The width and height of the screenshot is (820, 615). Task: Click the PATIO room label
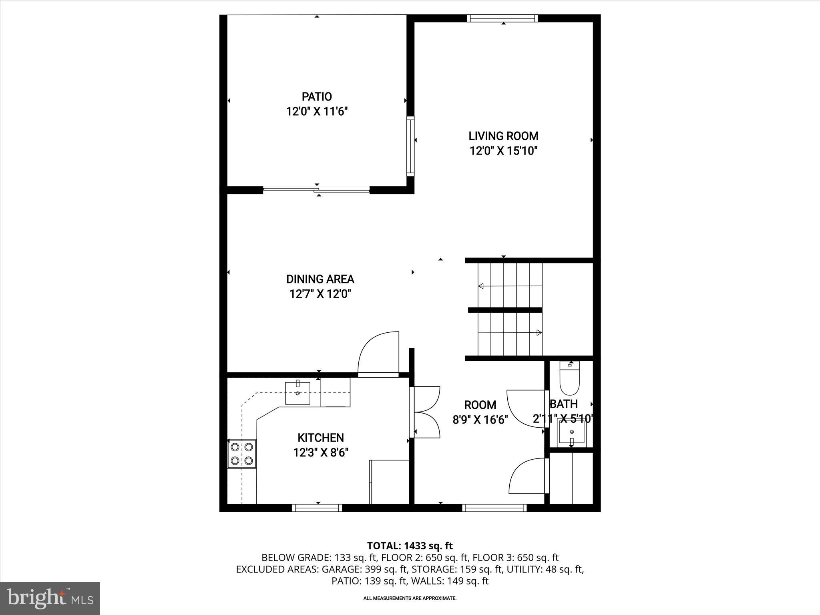click(x=317, y=96)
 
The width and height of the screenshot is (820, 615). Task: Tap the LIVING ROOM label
click(x=503, y=136)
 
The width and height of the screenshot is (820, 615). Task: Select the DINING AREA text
click(x=320, y=279)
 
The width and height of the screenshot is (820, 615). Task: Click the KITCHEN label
click(x=320, y=438)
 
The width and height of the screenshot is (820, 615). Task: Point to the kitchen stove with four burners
click(x=242, y=454)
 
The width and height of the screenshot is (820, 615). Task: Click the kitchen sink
click(x=297, y=393)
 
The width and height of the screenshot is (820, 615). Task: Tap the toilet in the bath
click(x=569, y=379)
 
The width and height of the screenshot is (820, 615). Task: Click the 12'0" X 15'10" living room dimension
click(x=503, y=151)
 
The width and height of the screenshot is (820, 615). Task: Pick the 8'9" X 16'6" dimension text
click(x=480, y=420)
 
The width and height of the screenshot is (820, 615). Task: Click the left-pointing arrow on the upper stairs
click(x=481, y=286)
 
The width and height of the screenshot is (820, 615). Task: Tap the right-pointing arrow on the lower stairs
click(x=539, y=332)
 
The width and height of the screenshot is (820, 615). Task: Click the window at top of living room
click(x=502, y=18)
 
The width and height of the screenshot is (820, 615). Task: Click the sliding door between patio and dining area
click(x=316, y=190)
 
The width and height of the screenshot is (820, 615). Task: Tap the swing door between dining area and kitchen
click(x=378, y=354)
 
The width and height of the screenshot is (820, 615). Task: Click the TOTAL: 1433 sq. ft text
click(x=410, y=546)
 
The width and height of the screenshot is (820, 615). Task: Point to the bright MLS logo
click(x=50, y=598)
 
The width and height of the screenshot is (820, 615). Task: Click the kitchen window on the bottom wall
click(x=317, y=508)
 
